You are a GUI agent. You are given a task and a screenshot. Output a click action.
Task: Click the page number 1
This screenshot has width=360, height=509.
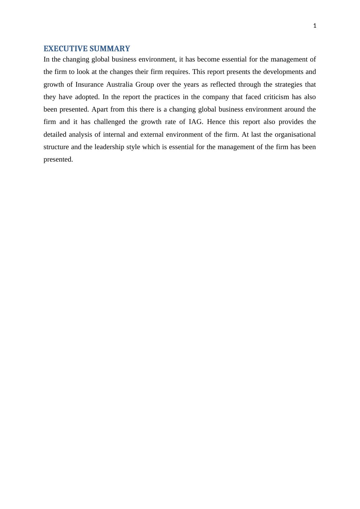(x=315, y=26)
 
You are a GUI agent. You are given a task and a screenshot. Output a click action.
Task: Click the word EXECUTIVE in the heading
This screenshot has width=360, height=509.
(x=63, y=49)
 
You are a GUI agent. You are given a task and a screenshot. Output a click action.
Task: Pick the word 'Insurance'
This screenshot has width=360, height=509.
(x=89, y=85)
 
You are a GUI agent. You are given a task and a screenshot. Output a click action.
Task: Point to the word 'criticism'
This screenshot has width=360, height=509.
(x=276, y=97)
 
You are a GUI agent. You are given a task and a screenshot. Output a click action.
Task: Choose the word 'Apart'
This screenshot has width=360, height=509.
(x=99, y=109)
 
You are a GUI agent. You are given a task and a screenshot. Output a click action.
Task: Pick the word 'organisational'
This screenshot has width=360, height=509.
(x=295, y=135)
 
